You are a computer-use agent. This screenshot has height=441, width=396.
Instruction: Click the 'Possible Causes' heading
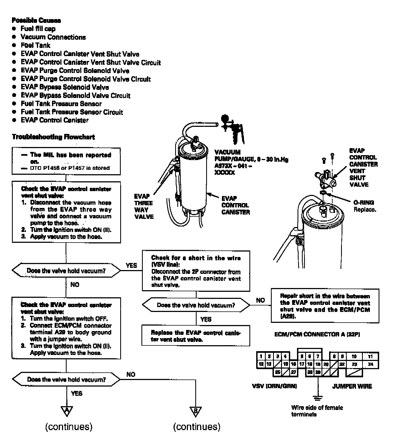(x=36, y=20)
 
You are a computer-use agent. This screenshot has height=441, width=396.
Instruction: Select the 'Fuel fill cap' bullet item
(x=38, y=29)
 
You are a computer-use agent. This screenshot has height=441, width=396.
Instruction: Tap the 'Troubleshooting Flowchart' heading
(x=53, y=137)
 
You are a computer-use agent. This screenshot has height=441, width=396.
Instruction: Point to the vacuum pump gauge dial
(x=225, y=118)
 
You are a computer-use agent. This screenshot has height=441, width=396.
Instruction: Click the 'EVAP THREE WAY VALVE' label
(x=144, y=206)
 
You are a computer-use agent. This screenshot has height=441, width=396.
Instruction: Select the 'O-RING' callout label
(x=364, y=203)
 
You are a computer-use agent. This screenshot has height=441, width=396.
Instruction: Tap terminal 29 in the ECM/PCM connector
(x=318, y=372)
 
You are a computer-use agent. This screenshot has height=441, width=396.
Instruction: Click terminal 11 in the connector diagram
(x=370, y=356)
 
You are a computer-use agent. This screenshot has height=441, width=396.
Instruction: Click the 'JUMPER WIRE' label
(x=352, y=386)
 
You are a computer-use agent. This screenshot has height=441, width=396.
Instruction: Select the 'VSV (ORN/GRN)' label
(x=274, y=386)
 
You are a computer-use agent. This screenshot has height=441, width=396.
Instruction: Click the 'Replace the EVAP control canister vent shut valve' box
(x=196, y=336)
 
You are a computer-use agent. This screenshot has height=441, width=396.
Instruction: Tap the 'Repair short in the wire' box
(x=325, y=306)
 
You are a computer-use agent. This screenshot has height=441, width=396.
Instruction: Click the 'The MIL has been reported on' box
(x=66, y=161)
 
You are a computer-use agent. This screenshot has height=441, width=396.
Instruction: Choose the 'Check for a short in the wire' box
(x=196, y=271)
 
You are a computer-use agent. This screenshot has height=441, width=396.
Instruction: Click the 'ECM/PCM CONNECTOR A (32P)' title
(x=317, y=334)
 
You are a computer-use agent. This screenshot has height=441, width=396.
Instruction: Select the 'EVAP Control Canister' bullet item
(x=54, y=120)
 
